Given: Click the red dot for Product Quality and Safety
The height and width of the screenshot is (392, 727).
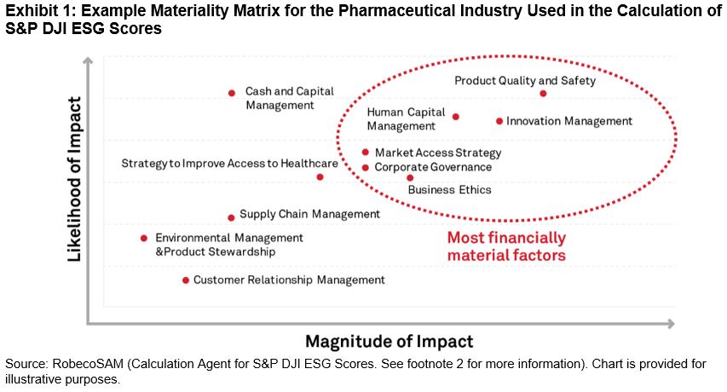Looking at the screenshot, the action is [543, 94].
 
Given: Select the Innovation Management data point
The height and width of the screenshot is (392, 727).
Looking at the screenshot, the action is [499, 121].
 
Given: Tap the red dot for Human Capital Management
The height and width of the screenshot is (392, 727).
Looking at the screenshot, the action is [456, 117].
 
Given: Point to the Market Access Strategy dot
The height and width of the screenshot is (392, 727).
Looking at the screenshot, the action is [366, 152].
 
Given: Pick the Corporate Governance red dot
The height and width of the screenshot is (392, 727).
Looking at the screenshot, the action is [366, 168].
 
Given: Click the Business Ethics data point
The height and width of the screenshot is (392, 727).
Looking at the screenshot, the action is [410, 178].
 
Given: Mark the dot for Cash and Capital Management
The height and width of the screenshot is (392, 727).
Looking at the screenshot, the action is [232, 93].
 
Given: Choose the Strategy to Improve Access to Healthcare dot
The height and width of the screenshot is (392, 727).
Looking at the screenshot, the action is [320, 177].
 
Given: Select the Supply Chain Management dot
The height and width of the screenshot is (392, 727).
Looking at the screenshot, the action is [231, 218].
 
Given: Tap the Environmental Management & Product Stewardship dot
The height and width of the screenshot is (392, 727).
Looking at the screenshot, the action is [144, 238].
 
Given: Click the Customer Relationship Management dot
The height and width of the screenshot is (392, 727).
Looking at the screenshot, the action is [186, 280].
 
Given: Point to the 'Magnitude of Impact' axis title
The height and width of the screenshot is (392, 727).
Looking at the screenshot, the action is [389, 342].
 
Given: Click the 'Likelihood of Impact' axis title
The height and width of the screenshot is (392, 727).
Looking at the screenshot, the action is [75, 179].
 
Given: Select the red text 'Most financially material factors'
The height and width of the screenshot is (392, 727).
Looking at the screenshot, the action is [506, 246].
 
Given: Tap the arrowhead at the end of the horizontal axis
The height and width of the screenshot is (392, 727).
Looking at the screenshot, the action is [671, 324].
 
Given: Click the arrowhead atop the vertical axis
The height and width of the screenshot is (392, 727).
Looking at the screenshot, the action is [88, 60].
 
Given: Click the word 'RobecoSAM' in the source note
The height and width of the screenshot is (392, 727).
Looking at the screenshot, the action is [88, 364].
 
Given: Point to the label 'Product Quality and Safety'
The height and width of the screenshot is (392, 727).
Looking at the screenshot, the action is [525, 81].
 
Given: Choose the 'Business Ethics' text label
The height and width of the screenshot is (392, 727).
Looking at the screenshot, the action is [449, 190].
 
